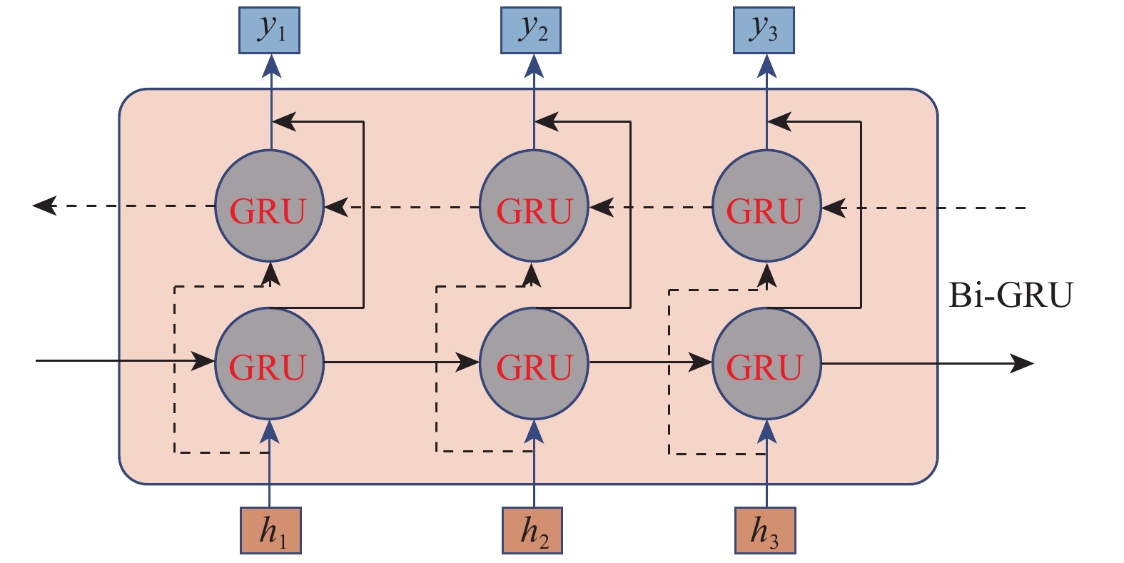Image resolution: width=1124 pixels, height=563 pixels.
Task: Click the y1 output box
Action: [270, 31]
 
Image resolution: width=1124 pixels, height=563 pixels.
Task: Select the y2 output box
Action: [531, 31]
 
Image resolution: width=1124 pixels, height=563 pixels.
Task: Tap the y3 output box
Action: [764, 31]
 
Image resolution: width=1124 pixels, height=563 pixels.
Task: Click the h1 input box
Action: [270, 530]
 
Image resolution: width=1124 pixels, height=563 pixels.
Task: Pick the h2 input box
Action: [532, 530]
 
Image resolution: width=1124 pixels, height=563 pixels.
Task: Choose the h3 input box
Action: [765, 530]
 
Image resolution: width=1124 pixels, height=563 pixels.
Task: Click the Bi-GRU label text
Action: [1011, 295]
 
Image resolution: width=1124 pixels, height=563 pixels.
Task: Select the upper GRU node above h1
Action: [270, 206]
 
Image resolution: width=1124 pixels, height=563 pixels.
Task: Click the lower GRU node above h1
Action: [270, 363]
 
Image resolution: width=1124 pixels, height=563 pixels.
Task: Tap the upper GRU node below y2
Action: [534, 206]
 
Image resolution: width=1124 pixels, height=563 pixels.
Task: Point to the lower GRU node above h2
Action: [534, 363]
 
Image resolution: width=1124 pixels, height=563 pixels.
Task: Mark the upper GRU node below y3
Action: [766, 206]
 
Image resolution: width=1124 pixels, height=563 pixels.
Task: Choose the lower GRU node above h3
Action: [766, 363]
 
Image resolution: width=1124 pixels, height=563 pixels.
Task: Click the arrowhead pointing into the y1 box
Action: [270, 66]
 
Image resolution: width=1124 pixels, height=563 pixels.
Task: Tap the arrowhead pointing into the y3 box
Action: [766, 66]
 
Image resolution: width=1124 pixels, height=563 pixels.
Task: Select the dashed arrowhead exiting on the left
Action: [44, 206]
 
